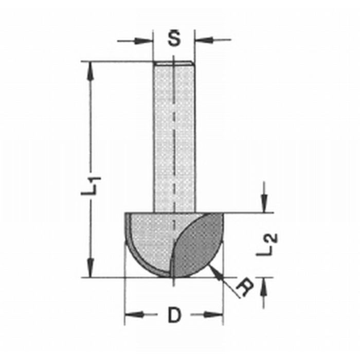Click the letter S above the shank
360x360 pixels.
[174, 39]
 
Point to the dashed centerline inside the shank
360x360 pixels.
[174, 129]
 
